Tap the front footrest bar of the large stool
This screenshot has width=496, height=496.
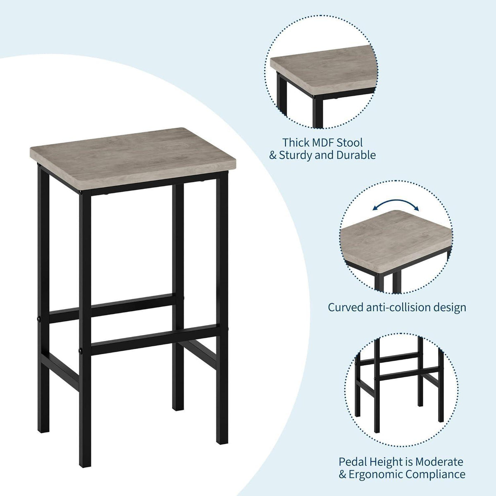point(155,340)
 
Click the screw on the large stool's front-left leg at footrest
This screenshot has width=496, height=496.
point(81,351)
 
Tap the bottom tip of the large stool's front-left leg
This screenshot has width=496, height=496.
point(85,466)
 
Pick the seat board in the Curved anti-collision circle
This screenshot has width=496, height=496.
point(396,241)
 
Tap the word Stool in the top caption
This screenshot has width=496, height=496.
point(351,142)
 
